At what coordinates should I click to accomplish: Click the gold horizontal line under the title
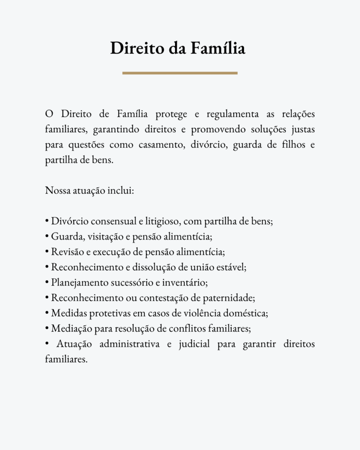[180, 73]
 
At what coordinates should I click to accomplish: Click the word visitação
[105, 237]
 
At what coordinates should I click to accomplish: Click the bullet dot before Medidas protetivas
[47, 313]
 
